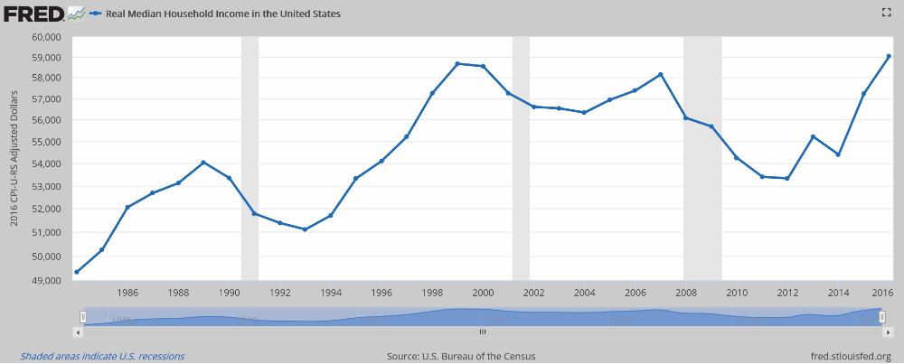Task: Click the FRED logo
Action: point(32,14)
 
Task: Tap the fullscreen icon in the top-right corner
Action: point(886,13)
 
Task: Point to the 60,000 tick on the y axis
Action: point(45,36)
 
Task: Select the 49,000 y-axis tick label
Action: point(45,280)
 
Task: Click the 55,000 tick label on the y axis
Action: point(45,143)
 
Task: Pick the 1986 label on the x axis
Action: point(127,293)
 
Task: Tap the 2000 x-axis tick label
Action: point(483,293)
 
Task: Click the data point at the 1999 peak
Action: point(457,63)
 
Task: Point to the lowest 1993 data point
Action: point(305,229)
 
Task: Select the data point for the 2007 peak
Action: point(661,74)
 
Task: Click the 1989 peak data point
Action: point(203,163)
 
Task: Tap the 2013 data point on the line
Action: point(813,136)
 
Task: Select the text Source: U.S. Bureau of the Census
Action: point(460,356)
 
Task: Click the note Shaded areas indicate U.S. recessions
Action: point(102,356)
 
